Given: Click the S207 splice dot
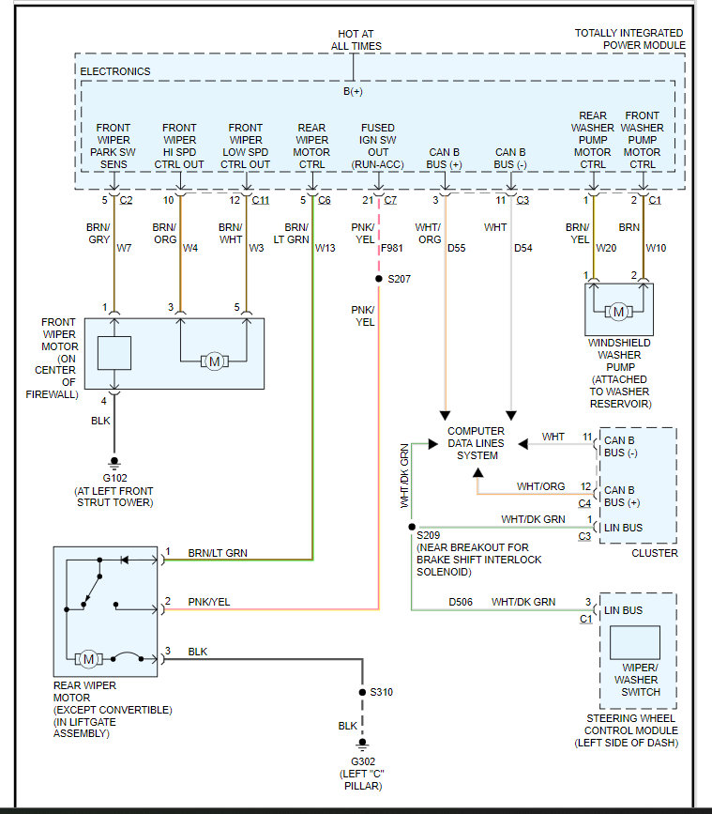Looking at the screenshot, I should click(x=378, y=279).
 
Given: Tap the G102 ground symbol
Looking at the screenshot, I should click(x=114, y=462).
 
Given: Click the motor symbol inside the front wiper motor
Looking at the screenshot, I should click(x=214, y=361).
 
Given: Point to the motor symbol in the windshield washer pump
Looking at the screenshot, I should click(x=618, y=311).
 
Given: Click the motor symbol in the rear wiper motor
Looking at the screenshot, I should click(x=88, y=658).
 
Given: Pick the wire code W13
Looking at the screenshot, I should click(x=326, y=249).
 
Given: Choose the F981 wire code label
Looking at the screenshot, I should click(x=393, y=249).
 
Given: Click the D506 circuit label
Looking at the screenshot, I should click(x=461, y=602).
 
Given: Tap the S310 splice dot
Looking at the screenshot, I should click(x=361, y=692).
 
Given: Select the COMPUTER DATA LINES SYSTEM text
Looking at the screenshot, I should click(x=477, y=443).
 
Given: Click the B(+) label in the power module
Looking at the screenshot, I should click(x=353, y=91).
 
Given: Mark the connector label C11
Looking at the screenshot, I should click(x=261, y=200).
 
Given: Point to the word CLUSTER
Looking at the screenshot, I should click(x=654, y=553).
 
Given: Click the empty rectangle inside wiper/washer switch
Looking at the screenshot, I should click(x=635, y=643).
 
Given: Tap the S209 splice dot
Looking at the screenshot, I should click(x=411, y=528).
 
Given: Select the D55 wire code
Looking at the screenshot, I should click(x=457, y=249).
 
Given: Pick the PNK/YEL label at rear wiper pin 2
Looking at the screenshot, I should click(x=208, y=602).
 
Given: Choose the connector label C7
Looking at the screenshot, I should click(x=390, y=200).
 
